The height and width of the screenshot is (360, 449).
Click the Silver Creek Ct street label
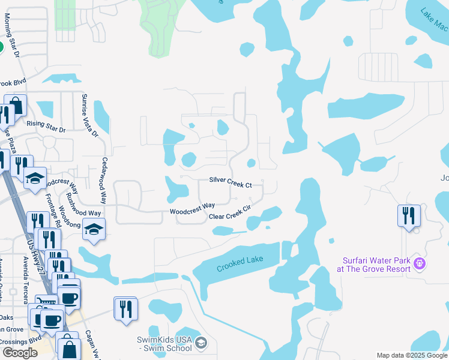coord(230,180)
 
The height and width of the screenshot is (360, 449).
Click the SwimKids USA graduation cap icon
coord(201,343)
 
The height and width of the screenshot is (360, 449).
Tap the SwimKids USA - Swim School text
coord(164,344)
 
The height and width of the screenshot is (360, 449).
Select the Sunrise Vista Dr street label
coord(91,115)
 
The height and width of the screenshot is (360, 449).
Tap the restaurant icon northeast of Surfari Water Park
coord(409,216)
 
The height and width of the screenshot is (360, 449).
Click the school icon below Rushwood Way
coord(94,230)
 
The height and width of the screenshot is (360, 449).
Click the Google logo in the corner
coord(20,353)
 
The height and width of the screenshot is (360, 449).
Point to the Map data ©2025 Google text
coord(411,355)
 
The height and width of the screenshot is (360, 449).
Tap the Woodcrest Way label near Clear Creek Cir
coord(192,209)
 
